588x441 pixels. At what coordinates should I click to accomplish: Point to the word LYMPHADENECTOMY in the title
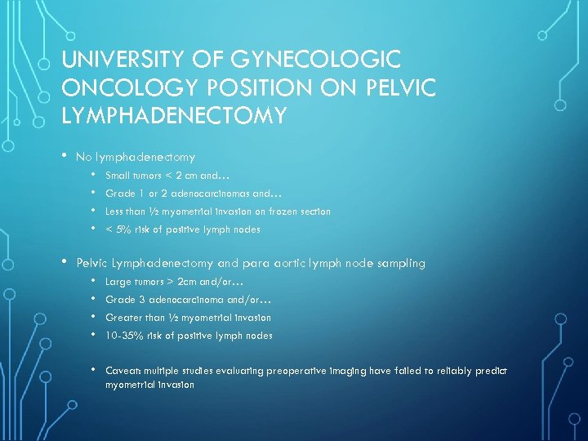pos(174,116)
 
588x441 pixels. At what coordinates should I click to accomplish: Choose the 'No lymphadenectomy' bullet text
pos(135,156)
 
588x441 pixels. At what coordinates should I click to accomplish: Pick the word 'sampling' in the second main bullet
pos(401,263)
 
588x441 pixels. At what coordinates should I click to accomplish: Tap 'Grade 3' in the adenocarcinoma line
pos(121,299)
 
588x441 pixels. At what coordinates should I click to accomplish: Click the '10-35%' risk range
pos(122,335)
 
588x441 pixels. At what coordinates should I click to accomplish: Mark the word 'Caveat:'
pos(122,371)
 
